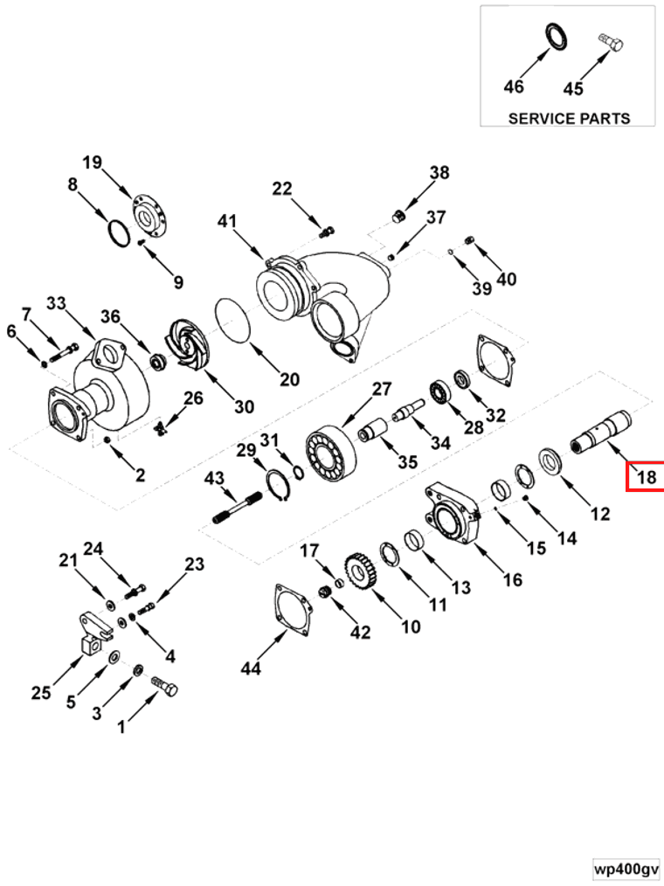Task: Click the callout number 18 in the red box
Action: (646, 477)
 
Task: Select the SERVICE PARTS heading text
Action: (569, 118)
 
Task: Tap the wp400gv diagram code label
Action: (626, 870)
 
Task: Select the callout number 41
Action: (227, 222)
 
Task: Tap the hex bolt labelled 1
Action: (166, 688)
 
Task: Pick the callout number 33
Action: (56, 303)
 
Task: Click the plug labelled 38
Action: (398, 215)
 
